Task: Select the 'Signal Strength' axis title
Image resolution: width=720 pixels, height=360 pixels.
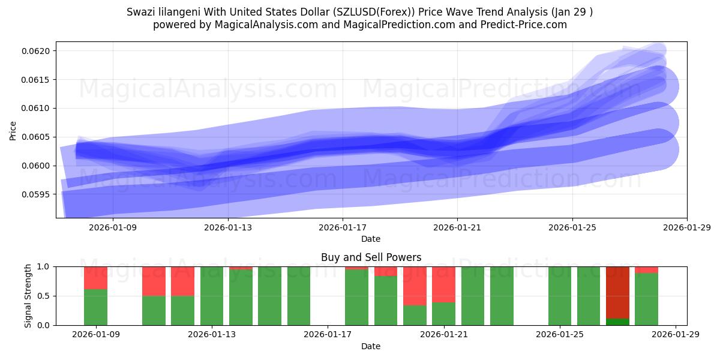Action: point(28,296)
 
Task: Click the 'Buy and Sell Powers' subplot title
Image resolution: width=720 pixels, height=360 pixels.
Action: point(371,257)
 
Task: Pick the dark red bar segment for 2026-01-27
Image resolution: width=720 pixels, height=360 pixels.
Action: point(617,292)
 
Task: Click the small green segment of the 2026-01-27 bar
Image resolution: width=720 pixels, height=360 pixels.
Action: point(617,322)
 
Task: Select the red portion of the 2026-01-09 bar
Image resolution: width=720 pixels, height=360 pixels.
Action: point(95,278)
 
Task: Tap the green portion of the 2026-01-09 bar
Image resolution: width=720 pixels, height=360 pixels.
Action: point(95,307)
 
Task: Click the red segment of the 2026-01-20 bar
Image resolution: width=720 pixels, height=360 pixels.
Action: point(415,286)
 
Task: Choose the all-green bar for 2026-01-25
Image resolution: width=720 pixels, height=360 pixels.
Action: point(560,296)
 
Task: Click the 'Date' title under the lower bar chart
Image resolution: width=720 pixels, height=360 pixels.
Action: point(371,346)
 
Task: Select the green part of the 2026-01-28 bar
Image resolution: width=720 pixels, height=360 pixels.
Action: point(646,299)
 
